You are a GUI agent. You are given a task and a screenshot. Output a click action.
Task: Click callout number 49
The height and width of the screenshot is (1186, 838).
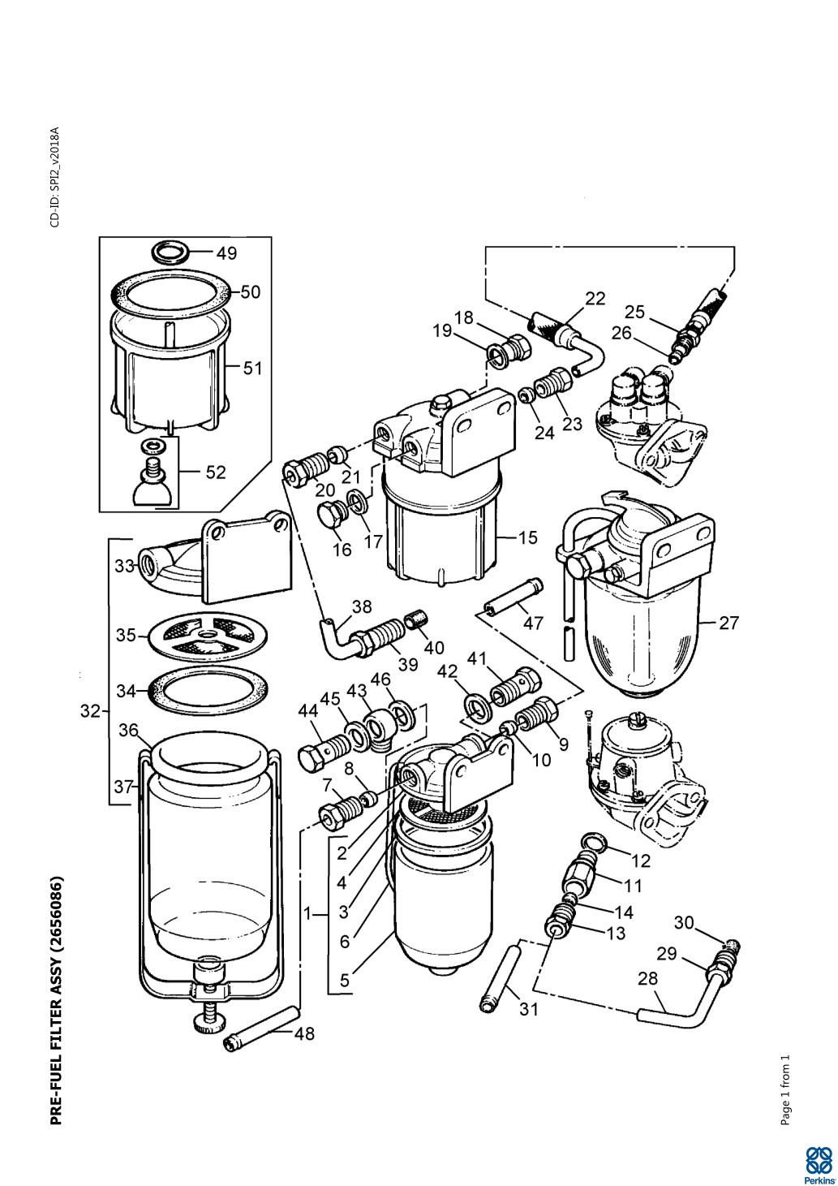click(227, 253)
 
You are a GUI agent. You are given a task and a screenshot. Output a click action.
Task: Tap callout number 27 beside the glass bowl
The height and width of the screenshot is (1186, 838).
click(729, 623)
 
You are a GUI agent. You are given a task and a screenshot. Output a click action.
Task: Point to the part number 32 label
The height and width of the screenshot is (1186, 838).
click(90, 711)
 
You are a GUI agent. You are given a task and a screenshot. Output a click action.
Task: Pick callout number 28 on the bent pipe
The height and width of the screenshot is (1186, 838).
click(648, 978)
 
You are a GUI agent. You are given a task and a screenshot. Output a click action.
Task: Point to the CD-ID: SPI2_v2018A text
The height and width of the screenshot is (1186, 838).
click(55, 177)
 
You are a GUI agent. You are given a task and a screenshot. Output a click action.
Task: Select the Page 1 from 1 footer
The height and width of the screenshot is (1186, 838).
click(784, 1090)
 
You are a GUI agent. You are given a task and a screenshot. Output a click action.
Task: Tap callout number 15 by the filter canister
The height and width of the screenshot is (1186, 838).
click(527, 537)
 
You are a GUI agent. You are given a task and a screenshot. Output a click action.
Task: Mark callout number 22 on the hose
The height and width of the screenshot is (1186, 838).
click(595, 298)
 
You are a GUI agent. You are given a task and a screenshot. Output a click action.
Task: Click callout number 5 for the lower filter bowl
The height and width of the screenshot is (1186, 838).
click(345, 980)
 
